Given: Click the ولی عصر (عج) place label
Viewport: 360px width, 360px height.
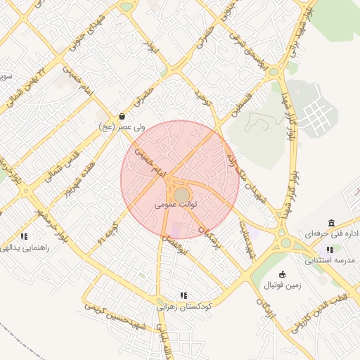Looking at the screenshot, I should (x=122, y=127).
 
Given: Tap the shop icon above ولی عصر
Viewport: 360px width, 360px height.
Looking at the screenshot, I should (x=122, y=116).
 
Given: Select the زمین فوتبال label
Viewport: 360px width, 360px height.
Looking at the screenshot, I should (x=282, y=285).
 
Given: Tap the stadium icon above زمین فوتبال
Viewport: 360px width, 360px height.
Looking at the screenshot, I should (x=283, y=274).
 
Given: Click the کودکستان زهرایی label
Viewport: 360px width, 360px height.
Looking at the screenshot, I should (x=184, y=307).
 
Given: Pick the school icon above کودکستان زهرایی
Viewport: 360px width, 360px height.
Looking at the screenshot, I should (x=184, y=296).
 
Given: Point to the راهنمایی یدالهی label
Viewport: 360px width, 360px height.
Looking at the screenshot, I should (x=25, y=247).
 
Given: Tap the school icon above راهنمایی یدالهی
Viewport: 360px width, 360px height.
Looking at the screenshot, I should (x=25, y=237).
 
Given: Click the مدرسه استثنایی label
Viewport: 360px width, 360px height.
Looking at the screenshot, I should (x=331, y=260).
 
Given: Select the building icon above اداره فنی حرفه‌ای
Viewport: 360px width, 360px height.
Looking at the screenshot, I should (x=331, y=223).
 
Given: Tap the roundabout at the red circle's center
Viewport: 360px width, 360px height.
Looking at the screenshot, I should (x=181, y=193).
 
